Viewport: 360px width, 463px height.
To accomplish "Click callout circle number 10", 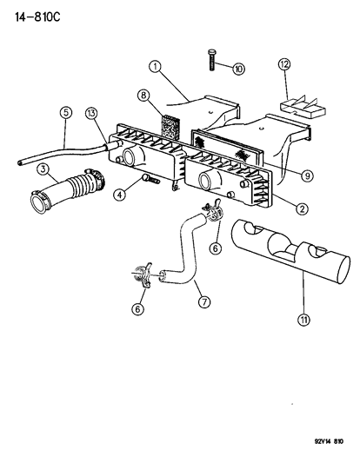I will (x=239, y=67).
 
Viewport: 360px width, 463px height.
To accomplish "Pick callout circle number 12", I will (x=283, y=64).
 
